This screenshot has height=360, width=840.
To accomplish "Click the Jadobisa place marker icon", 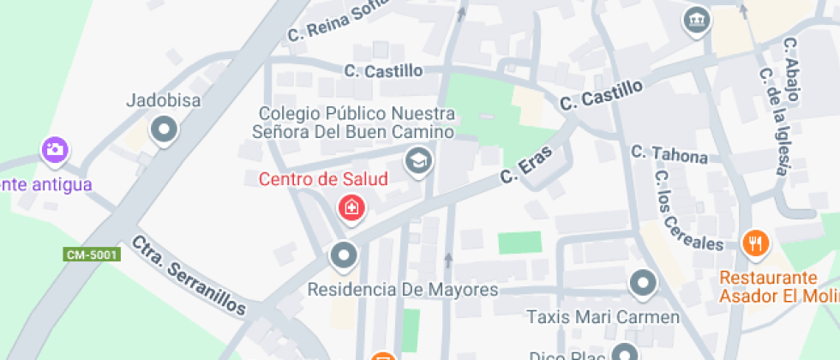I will pyautogui.click(x=163, y=130).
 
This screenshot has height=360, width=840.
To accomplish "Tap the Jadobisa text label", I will pyautogui.click(x=163, y=101).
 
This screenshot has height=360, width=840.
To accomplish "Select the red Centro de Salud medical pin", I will pyautogui.click(x=351, y=207).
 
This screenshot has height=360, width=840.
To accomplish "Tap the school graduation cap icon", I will pyautogui.click(x=418, y=160).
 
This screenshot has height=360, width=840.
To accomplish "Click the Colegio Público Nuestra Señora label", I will pyautogui.click(x=356, y=123).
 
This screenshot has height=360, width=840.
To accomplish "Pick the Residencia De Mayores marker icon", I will pyautogui.click(x=344, y=255).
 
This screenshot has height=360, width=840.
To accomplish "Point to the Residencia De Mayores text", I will pyautogui.click(x=403, y=289).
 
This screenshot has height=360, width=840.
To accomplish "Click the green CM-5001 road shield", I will pyautogui.click(x=92, y=255).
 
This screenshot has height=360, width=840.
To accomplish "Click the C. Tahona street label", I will pyautogui.click(x=669, y=154).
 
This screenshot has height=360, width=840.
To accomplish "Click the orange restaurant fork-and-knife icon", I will pyautogui.click(x=755, y=244).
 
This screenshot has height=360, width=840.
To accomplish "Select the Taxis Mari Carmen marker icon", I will pyautogui.click(x=642, y=282).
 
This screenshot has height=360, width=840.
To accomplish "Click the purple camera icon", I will pyautogui.click(x=55, y=150).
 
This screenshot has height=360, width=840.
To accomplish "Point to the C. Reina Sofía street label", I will pyautogui.click(x=331, y=23).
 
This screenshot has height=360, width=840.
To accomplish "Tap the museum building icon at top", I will pyautogui.click(x=696, y=20).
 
